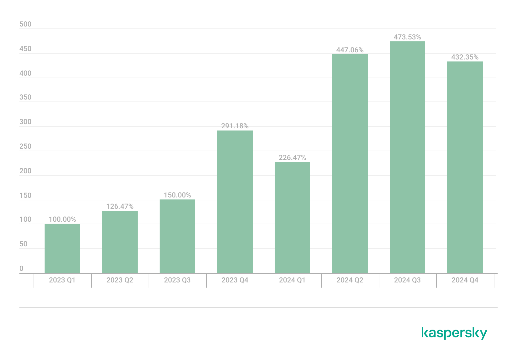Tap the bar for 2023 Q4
(235, 202)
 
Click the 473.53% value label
(407, 37)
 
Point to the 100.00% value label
(62, 220)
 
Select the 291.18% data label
(235, 126)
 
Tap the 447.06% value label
(350, 50)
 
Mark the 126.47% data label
(120, 206)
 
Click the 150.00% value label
(177, 195)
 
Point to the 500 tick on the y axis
(26, 24)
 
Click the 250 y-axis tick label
(26, 146)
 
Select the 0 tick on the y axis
(22, 269)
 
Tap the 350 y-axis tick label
(26, 97)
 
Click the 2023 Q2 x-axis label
(120, 280)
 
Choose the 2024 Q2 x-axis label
(350, 280)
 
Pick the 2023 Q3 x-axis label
(177, 280)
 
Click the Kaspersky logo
(454, 333)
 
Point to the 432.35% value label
(465, 57)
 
